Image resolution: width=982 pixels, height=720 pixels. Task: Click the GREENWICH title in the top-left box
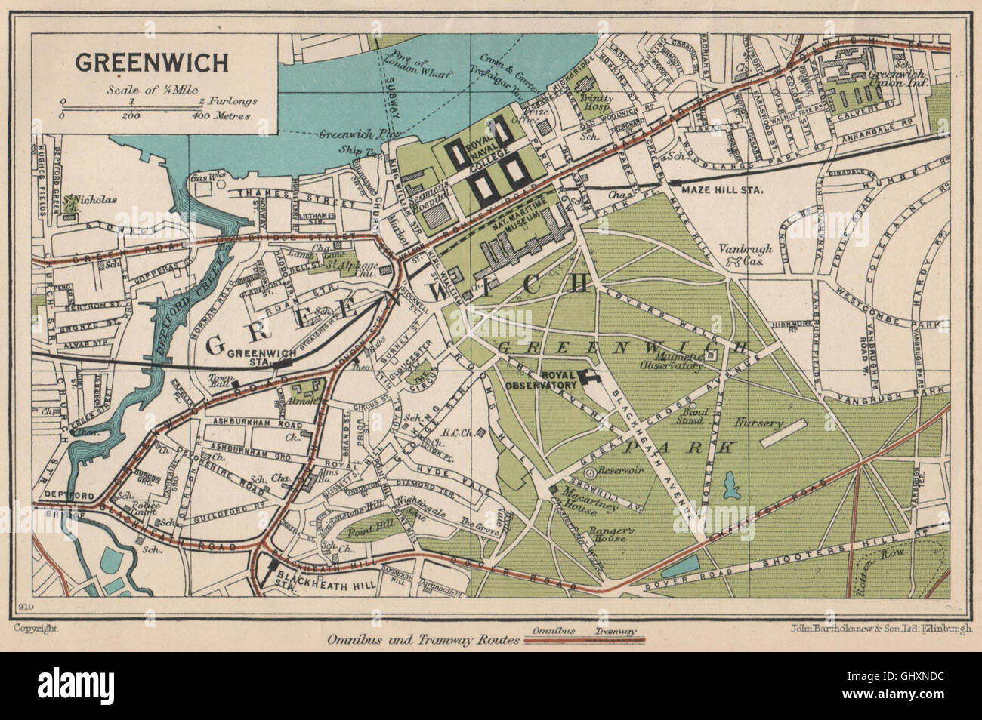150,63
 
